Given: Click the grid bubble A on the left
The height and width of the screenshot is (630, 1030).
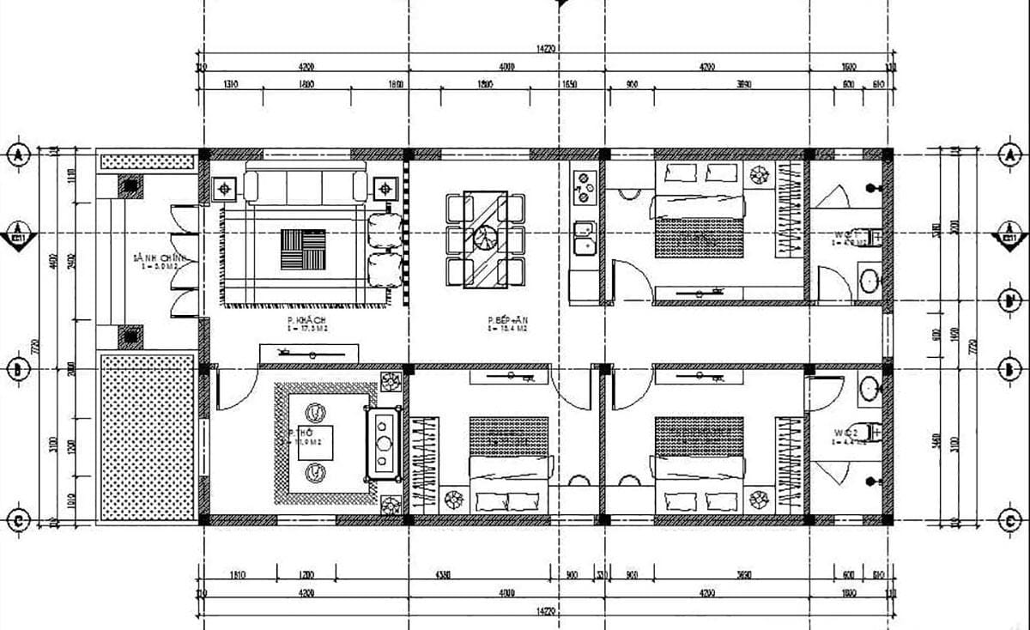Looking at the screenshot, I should pos(17,155).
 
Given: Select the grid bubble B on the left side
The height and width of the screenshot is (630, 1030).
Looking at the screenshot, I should pos(17,370).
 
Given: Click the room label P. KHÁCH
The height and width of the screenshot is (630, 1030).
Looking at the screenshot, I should pos(300,319).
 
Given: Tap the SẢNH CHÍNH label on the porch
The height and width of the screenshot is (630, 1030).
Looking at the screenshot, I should pos(149,258).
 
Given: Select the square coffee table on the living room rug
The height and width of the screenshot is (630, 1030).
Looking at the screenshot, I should pos(303,249).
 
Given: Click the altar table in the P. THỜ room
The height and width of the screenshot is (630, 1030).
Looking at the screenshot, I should pos(384,443).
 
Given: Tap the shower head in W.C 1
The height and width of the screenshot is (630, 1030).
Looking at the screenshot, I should pos(873,186).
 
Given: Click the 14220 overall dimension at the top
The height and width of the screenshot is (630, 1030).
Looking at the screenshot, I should pos(546,50).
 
